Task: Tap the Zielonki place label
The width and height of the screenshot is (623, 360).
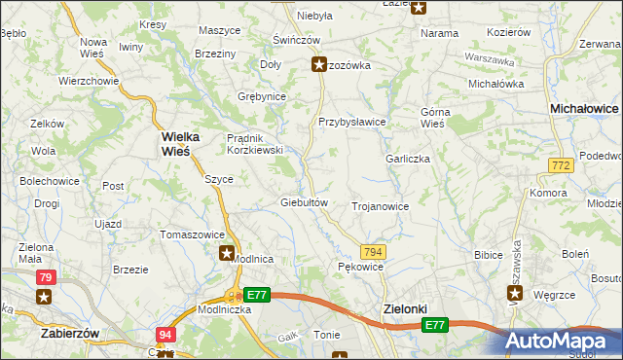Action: click(x=401, y=308)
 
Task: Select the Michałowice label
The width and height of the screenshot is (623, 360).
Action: click(x=584, y=109)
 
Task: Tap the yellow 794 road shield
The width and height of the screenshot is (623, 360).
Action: click(x=374, y=252)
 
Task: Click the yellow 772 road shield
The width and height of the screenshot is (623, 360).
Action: click(x=559, y=167)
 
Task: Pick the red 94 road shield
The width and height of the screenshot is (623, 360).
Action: click(x=165, y=335)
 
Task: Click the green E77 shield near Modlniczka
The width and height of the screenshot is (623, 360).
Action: click(x=256, y=294)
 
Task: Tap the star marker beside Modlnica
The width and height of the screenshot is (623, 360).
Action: click(x=227, y=254)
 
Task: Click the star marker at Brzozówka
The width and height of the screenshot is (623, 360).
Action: click(x=318, y=65)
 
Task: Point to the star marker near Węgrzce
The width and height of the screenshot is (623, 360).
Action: click(x=515, y=293)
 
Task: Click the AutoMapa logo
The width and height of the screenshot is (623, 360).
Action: click(x=563, y=341)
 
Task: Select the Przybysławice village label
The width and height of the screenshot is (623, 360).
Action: click(x=352, y=122)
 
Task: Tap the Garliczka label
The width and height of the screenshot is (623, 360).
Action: click(x=407, y=159)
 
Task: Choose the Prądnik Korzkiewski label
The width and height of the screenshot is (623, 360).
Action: click(x=254, y=144)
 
